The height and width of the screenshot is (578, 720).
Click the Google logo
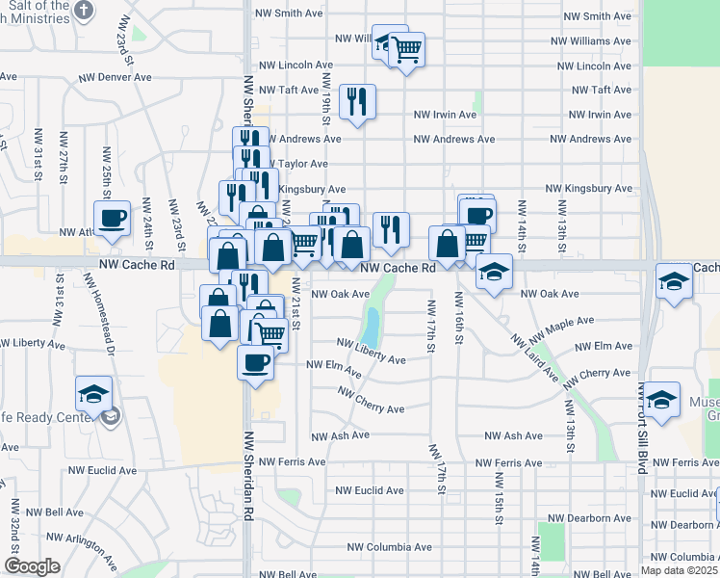tap(32, 567)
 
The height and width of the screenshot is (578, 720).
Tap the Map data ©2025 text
tap(679, 570)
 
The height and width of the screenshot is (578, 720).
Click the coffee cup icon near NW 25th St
tap(113, 218)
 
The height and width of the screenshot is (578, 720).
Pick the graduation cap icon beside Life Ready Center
tap(93, 394)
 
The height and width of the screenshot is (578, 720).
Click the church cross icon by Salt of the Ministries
tap(85, 11)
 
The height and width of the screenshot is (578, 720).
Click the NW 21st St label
tap(296, 304)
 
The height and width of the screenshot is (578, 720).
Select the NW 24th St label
tap(148, 220)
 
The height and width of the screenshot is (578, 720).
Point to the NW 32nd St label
tap(16, 522)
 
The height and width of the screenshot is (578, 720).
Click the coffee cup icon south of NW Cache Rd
tap(255, 363)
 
